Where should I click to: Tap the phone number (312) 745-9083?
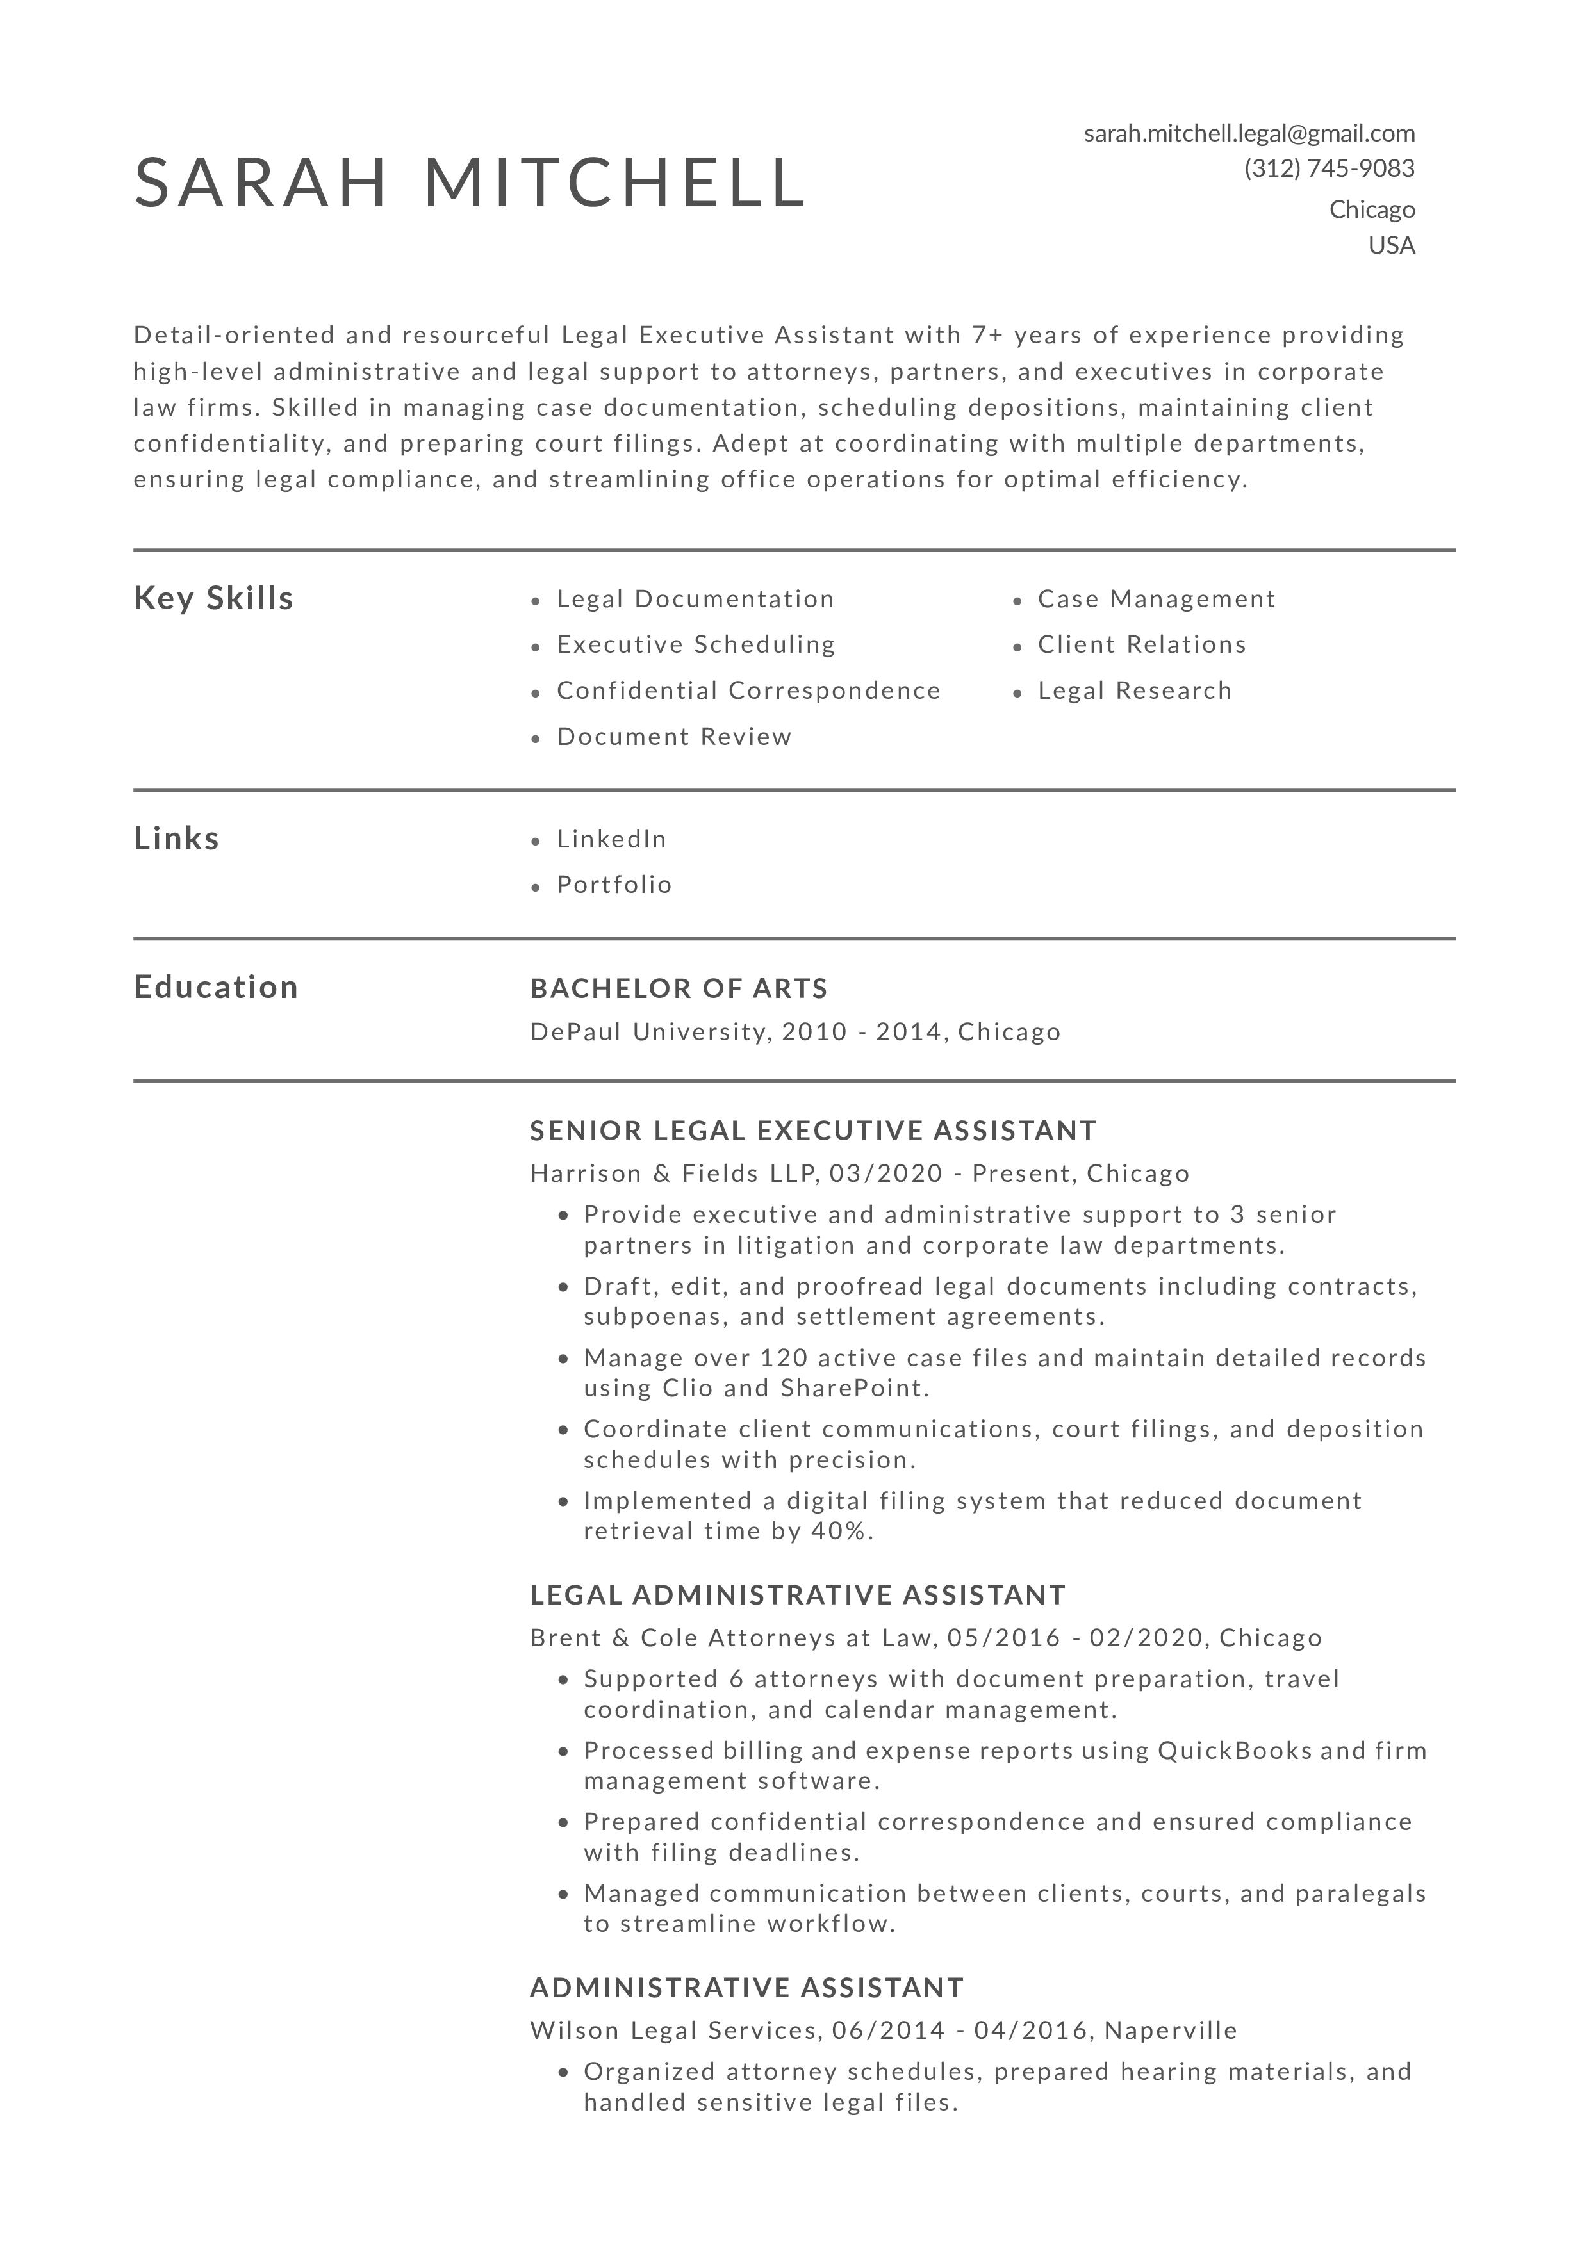pos(1329,169)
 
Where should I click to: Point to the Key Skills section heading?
pos(213,598)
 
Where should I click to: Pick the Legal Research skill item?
pos(1135,691)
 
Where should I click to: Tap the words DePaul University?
pos(647,1033)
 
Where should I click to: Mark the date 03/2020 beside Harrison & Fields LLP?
pos(885,1173)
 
